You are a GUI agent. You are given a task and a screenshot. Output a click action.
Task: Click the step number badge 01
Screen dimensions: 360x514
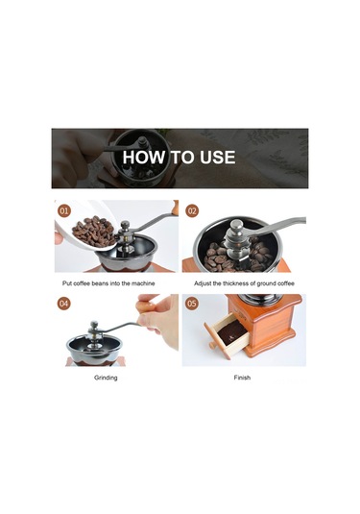(64, 210)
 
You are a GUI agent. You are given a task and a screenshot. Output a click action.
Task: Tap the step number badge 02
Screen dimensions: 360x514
(192, 210)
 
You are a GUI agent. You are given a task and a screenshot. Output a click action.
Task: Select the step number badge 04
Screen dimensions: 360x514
(64, 304)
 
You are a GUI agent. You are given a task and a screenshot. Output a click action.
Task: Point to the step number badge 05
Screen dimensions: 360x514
(192, 304)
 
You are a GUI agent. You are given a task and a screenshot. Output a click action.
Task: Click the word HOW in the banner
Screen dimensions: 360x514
(143, 157)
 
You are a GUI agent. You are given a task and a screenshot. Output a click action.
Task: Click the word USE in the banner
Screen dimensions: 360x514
(218, 157)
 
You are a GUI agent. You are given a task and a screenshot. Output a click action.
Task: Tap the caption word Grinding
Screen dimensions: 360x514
(106, 378)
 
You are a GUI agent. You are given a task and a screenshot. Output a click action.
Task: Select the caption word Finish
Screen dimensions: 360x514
(242, 378)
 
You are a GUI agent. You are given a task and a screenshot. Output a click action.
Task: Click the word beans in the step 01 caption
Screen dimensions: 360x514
(100, 283)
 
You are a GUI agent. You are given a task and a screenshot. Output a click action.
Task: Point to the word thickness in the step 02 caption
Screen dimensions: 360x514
(236, 283)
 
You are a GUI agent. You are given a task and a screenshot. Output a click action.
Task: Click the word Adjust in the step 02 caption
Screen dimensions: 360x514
(203, 283)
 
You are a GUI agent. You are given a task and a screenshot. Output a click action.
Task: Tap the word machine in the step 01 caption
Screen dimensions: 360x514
(143, 283)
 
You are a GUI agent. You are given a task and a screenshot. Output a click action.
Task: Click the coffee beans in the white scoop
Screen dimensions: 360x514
(93, 232)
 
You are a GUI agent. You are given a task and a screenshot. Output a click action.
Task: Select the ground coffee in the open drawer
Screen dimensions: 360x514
(232, 333)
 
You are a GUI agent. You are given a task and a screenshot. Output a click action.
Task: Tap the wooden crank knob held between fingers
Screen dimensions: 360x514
(146, 306)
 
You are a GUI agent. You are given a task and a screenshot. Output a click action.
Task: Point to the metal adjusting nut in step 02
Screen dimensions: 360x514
(236, 233)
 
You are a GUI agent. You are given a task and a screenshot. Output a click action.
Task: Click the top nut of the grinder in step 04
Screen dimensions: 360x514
(94, 325)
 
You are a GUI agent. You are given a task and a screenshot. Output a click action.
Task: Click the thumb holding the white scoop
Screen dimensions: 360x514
(59, 238)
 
